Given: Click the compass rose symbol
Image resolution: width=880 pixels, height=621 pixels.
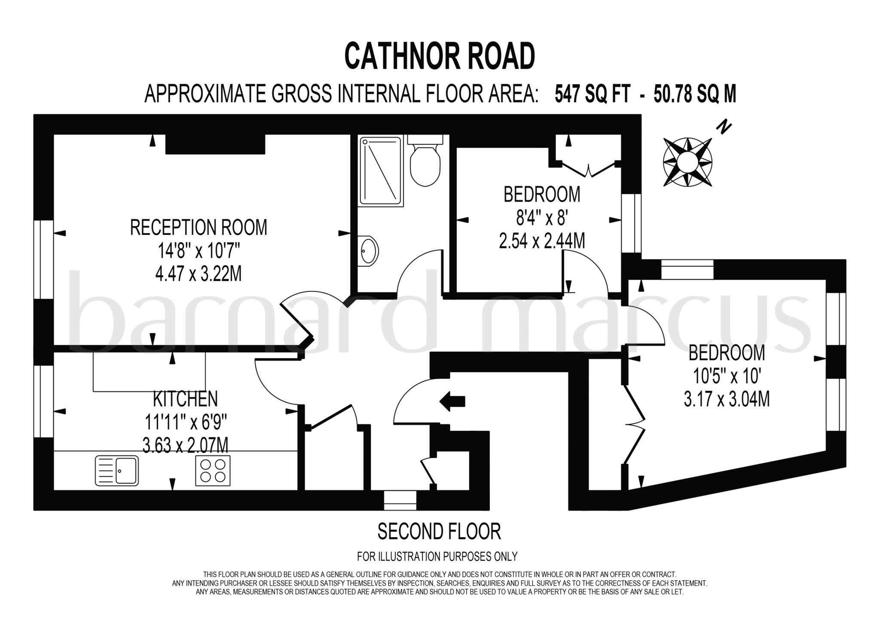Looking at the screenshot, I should click(687, 162).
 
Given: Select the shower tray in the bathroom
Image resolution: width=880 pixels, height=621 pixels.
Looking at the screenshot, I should click(381, 171).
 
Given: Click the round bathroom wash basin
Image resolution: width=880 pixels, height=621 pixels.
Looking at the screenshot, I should click(369, 251).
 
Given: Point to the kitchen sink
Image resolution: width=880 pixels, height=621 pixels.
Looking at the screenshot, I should click(117, 471).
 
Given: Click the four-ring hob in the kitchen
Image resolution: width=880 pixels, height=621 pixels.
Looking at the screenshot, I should click(213, 471).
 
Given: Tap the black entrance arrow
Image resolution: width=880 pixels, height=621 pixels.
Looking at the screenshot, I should click(452, 401).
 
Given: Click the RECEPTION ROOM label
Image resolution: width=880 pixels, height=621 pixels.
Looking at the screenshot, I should click(199, 228).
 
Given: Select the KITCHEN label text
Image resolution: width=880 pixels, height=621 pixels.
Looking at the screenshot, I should click(186, 399).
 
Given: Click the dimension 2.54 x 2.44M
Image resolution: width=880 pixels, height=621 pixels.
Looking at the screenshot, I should click(542, 241).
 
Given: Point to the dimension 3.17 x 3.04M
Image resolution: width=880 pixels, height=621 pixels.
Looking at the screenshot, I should click(727, 399).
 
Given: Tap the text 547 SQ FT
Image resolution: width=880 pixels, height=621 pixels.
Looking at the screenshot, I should click(593, 94).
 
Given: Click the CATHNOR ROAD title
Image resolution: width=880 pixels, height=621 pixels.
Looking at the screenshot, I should click(440, 56).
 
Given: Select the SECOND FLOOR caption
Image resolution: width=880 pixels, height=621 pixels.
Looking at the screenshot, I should click(439, 531).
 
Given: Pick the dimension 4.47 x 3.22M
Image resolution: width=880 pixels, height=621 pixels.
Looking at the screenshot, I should click(199, 274).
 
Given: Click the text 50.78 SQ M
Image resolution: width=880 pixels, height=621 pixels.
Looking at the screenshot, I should click(695, 94).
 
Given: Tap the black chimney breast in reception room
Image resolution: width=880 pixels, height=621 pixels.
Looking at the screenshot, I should click(215, 144).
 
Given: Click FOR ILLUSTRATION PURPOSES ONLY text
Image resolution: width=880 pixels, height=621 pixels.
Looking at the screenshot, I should click(437, 557).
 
